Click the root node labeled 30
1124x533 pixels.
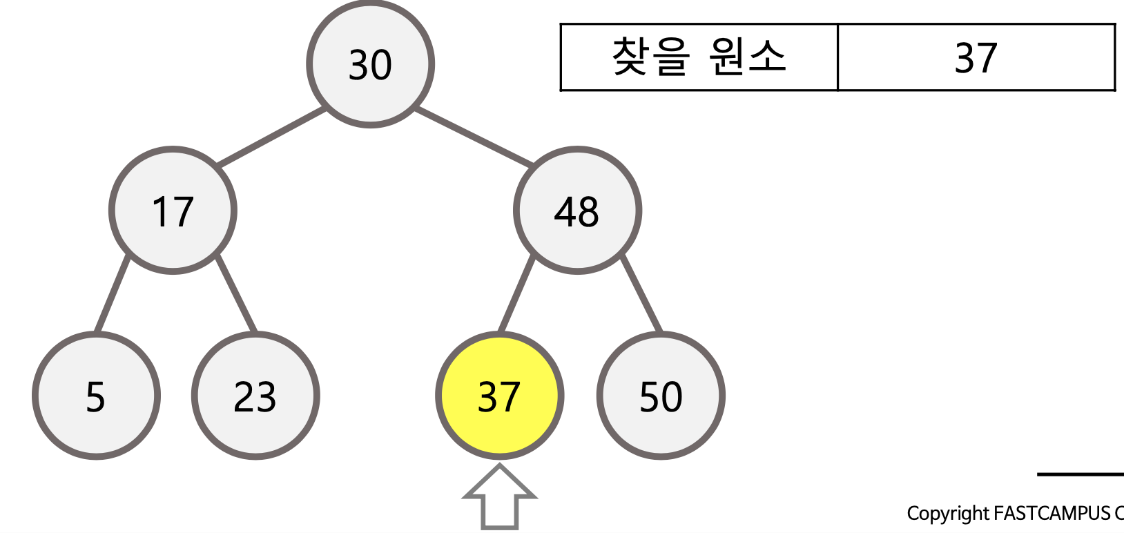pyautogui.click(x=370, y=64)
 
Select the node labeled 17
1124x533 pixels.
pyautogui.click(x=173, y=211)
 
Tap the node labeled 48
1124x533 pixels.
pyautogui.click(x=577, y=211)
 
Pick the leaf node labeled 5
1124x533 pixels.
pyautogui.click(x=96, y=396)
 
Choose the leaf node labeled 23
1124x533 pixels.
pyautogui.click(x=255, y=396)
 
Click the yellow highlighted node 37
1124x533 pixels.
pyautogui.click(x=499, y=396)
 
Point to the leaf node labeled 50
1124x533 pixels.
pyautogui.click(x=661, y=396)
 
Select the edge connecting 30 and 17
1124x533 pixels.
pyautogui.click(x=271, y=137)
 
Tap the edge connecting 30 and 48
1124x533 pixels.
pyautogui.click(x=474, y=137)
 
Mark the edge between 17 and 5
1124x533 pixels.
pyautogui.click(x=113, y=293)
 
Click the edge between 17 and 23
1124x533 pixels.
pyautogui.click(x=236, y=293)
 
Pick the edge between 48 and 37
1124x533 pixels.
pyautogui.click(x=516, y=293)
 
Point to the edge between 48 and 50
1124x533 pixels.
pyautogui.click(x=642, y=293)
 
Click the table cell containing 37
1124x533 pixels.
pyautogui.click(x=976, y=57)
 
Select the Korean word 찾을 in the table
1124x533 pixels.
pyautogui.click(x=650, y=57)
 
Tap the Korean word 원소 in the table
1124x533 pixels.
pyautogui.click(x=747, y=57)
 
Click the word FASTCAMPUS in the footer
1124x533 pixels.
pyautogui.click(x=1052, y=514)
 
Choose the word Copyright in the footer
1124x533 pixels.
pyautogui.click(x=947, y=514)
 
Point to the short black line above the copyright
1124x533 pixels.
pyautogui.click(x=1080, y=474)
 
